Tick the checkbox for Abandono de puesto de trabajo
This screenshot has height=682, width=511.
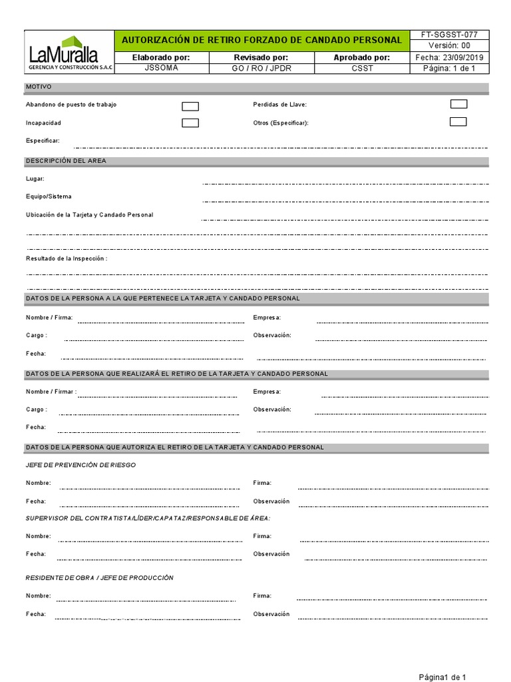pos(190,106)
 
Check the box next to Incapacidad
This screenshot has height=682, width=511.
pos(190,123)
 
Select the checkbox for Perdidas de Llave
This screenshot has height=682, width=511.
pos(458,104)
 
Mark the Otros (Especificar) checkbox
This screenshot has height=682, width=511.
pos(458,122)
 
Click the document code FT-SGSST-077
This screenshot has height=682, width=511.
pos(450,35)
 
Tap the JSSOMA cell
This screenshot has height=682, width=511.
pos(161,68)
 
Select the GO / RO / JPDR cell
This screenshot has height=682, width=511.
pos(261,68)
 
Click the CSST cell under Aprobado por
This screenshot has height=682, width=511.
pos(362,68)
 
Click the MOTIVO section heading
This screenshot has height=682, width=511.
pos(39,87)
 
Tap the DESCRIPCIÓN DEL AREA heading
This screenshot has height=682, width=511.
pos(66,161)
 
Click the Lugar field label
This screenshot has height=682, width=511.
pos(35,178)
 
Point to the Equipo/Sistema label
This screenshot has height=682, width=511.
pos(49,196)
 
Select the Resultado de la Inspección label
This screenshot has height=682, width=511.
pos(67,258)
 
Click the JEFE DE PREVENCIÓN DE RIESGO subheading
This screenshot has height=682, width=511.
pos(81,465)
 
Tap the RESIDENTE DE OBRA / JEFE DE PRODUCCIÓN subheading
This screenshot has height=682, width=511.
pos(100,577)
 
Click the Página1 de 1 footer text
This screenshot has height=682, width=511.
pos(446,677)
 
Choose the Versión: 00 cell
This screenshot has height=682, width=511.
pos(450,45)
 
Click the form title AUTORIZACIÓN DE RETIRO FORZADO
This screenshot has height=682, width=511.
pos(261,40)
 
